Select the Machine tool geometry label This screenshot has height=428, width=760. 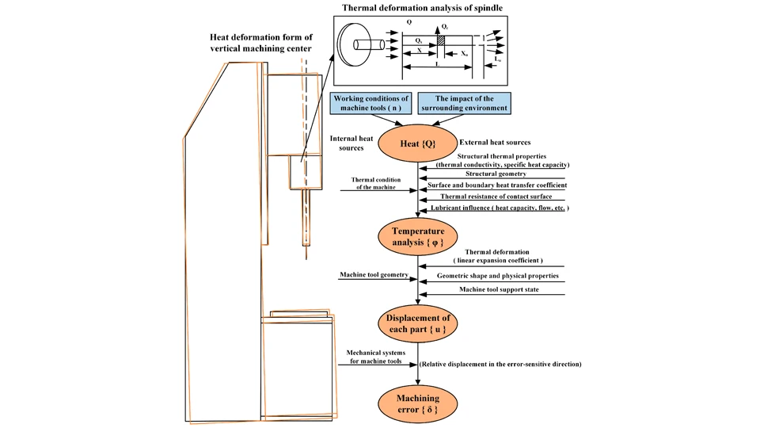[374, 274]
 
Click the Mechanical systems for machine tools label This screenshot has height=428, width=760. [377, 356]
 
